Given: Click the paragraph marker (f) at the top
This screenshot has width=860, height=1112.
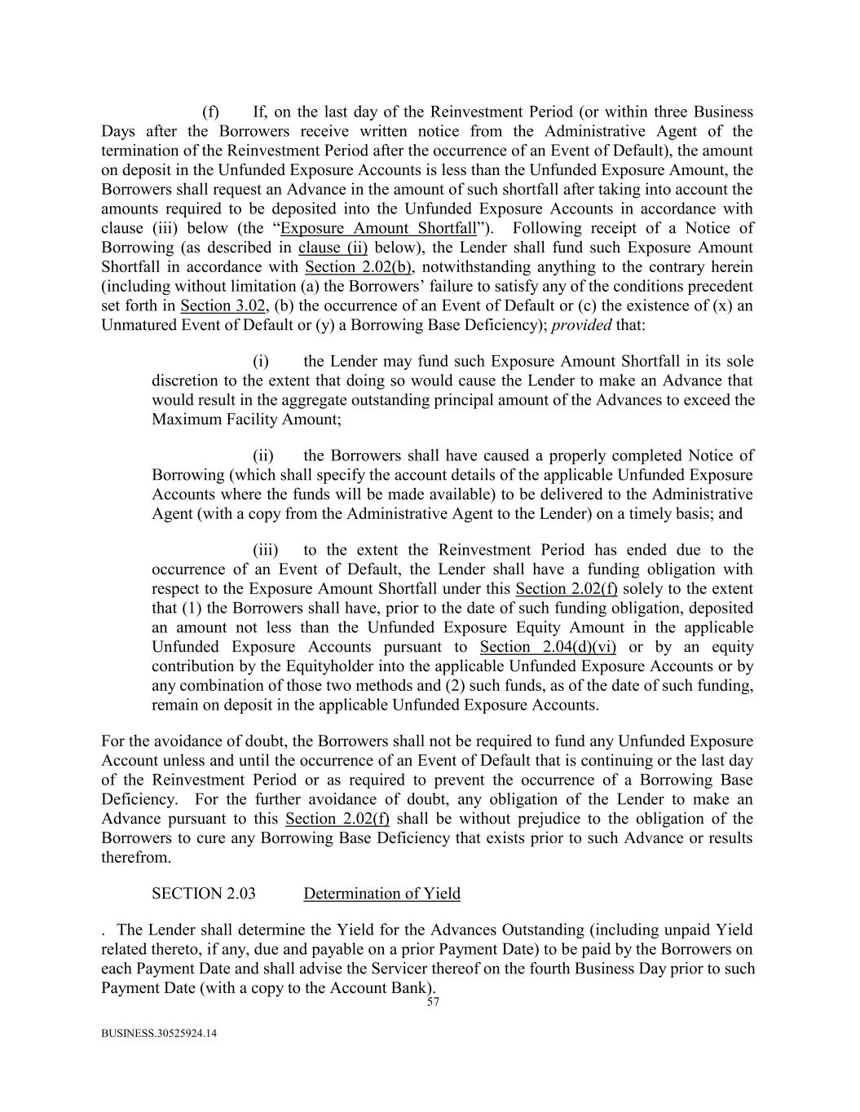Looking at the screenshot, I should tap(210, 112).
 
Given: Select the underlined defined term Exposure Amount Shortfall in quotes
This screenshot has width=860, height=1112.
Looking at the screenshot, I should tap(377, 228).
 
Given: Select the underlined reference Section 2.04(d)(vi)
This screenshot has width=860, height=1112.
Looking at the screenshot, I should tap(548, 647).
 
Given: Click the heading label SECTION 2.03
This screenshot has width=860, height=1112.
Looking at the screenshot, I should tap(204, 894).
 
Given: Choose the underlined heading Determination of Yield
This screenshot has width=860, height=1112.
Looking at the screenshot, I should tap(381, 894).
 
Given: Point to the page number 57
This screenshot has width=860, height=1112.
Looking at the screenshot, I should tap(433, 1003).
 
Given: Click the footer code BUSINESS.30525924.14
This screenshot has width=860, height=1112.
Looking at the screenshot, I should tap(159, 1034).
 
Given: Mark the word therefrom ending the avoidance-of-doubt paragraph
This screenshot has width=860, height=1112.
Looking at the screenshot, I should tap(136, 858).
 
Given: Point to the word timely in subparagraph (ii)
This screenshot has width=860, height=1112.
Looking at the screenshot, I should tap(642, 514).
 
